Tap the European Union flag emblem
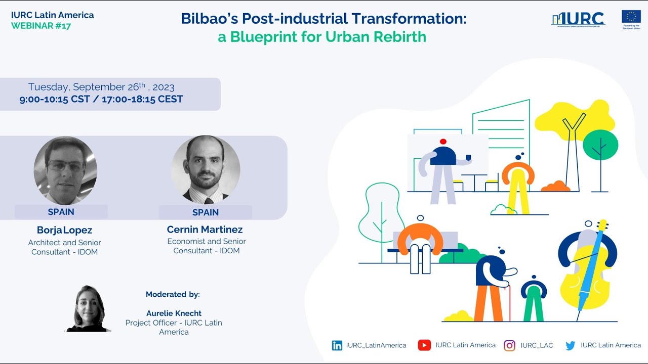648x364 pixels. click(x=631, y=17)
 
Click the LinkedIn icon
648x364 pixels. click(x=337, y=345)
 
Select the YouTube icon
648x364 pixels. click(x=424, y=345)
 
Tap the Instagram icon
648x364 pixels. click(x=510, y=345)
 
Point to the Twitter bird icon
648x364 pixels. click(x=571, y=345)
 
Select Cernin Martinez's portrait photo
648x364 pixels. click(x=206, y=170)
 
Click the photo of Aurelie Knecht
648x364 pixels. click(x=89, y=309)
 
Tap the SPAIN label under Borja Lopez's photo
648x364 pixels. click(x=61, y=212)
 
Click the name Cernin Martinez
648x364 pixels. click(x=205, y=230)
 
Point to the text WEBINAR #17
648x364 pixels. click(x=41, y=26)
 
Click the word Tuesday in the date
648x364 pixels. click(x=49, y=87)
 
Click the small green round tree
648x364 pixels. click(x=600, y=145)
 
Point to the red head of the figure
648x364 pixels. click(x=443, y=142)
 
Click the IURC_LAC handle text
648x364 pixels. click(x=537, y=345)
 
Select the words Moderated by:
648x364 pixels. click(x=173, y=294)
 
